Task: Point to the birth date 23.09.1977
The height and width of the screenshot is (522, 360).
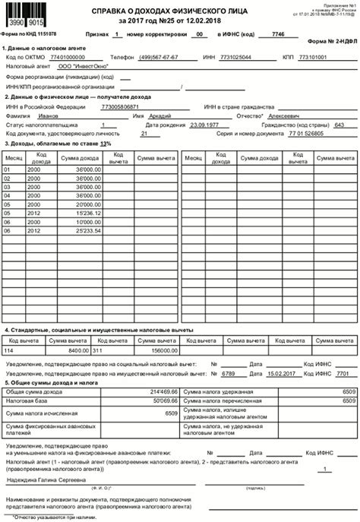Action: click(x=204, y=125)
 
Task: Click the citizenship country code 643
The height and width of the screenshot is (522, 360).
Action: click(x=339, y=125)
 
